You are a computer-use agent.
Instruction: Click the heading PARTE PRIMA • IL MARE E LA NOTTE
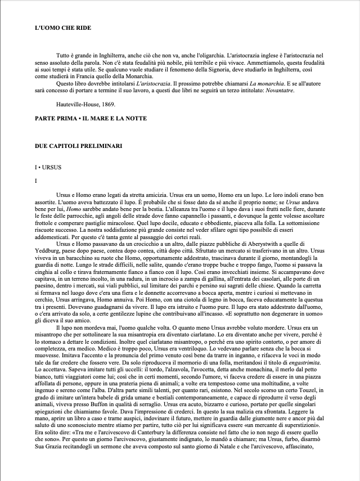click(90, 118)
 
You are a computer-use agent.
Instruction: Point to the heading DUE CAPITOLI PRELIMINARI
click(78, 147)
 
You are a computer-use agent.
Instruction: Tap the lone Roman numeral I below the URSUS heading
click(36, 181)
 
